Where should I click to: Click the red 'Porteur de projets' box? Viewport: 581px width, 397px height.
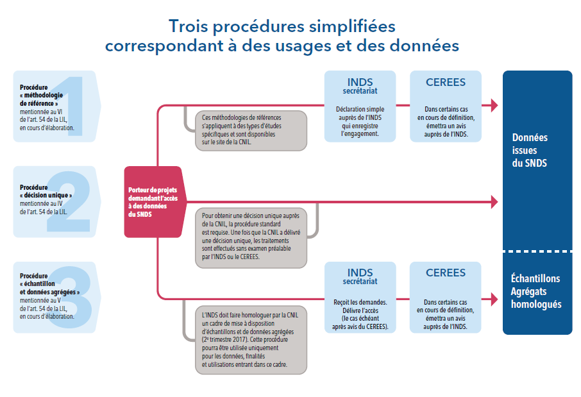click(x=153, y=201)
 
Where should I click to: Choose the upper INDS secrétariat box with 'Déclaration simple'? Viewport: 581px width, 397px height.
click(x=360, y=106)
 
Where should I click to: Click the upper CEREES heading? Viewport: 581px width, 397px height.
click(x=446, y=82)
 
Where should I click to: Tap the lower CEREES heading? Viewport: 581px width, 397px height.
click(x=446, y=273)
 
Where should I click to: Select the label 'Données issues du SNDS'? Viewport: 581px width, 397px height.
click(x=530, y=150)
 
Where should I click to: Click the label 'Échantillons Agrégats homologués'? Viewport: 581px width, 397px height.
click(x=535, y=291)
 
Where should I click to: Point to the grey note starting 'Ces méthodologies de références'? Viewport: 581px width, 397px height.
click(x=249, y=130)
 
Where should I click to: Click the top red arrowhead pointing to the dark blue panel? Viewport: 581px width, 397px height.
click(x=494, y=105)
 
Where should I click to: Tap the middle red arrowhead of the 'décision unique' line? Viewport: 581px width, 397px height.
click(x=494, y=202)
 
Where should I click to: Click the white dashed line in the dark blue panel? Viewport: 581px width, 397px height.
click(x=537, y=251)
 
